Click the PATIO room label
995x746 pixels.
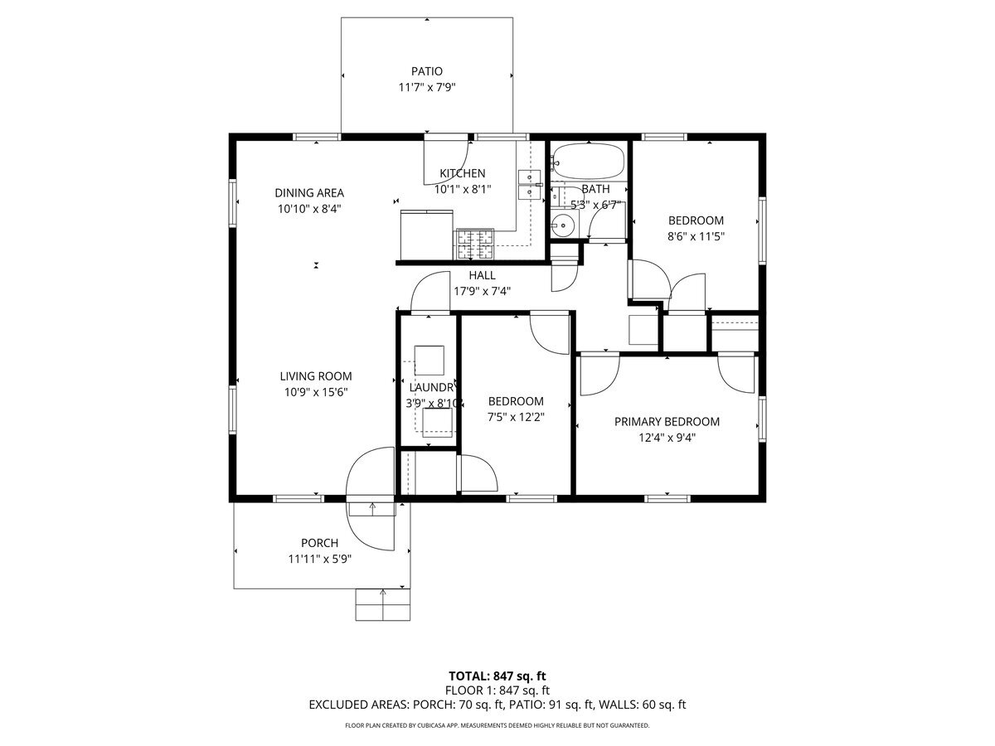coord(426,71)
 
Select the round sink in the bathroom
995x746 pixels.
coord(565,224)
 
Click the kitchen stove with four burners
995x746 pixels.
coord(473,241)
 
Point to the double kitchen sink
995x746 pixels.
coord(527,185)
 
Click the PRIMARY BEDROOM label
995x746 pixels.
coord(667,421)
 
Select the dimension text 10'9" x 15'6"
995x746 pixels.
coord(315,391)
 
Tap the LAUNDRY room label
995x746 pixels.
coord(432,387)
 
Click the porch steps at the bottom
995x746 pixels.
coord(382,604)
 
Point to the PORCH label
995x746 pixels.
coord(319,543)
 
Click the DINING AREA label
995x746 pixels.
coord(309,193)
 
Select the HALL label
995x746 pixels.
coord(482,275)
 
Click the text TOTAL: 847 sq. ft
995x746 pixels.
coord(498,675)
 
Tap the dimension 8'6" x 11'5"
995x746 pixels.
coord(696,236)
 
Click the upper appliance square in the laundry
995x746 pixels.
coord(429,360)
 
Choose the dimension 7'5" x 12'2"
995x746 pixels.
coord(516,417)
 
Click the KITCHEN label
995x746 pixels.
coord(462,173)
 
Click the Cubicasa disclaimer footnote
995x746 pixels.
coord(498,725)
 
